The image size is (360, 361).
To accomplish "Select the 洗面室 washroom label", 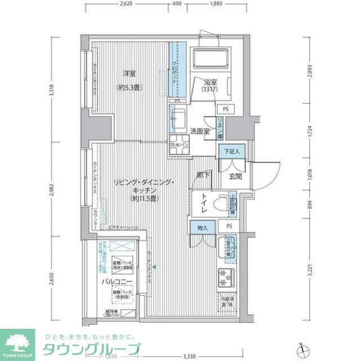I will tap(199, 131).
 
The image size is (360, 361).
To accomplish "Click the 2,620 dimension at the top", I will tap(126, 3).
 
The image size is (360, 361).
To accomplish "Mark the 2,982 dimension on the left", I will tap(52, 190).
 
